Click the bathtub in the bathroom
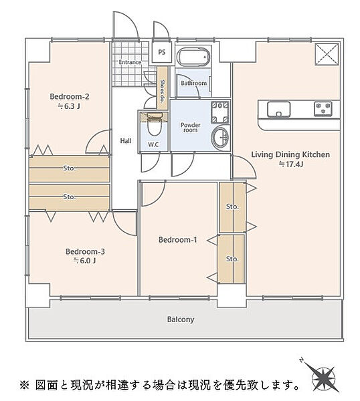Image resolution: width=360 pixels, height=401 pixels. click(x=194, y=57)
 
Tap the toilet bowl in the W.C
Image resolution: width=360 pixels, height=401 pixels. click(x=154, y=127)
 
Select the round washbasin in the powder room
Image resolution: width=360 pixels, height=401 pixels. click(x=220, y=137)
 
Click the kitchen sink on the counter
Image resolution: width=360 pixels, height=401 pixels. click(x=278, y=110)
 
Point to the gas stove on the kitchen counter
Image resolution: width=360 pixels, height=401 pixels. click(x=323, y=108)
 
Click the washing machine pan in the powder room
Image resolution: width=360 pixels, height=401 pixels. click(x=220, y=112)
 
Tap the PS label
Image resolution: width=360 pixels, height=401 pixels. click(x=161, y=52)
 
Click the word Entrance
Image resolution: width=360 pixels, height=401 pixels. click(x=130, y=62)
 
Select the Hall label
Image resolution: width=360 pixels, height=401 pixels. click(x=126, y=140)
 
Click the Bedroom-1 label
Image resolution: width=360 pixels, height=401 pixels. click(x=178, y=240)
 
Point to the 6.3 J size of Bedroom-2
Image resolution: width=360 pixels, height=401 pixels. click(x=69, y=106)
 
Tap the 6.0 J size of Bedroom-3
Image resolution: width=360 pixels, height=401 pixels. click(x=85, y=261)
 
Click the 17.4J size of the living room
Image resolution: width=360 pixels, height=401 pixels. click(x=290, y=164)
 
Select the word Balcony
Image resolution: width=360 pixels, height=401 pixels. click(x=181, y=319)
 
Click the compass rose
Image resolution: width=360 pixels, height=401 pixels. click(x=323, y=376)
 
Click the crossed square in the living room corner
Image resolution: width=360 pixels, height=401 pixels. click(x=327, y=54)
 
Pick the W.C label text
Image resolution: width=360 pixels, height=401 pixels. click(x=153, y=145)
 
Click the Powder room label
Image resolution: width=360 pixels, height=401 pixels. click(x=191, y=128)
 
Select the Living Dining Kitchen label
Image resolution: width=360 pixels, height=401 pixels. click(x=290, y=155)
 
